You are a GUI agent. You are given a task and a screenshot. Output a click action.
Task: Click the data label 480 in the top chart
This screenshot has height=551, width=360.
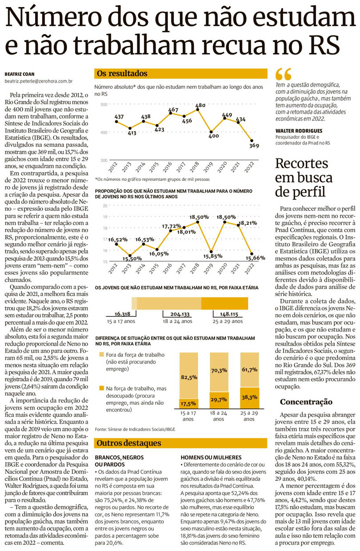(x=200, y=105)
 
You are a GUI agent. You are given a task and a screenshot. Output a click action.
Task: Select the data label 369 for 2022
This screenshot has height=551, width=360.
(x=254, y=146)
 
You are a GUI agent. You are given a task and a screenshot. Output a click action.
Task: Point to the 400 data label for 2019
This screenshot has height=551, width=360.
(x=213, y=136)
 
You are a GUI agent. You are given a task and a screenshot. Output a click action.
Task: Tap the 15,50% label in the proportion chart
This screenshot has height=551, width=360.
(x=133, y=259)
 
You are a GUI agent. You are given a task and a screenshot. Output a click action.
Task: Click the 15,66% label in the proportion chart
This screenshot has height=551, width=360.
(x=257, y=258)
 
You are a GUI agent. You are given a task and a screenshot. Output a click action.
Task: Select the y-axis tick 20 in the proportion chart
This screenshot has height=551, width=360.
(x=105, y=206)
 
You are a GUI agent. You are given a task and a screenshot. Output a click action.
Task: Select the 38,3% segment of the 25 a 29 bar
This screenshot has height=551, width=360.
(x=250, y=397)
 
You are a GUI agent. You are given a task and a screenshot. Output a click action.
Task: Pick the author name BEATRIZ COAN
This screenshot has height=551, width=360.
(x=20, y=74)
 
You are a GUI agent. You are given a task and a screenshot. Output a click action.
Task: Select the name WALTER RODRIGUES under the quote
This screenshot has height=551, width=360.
(x=300, y=131)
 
